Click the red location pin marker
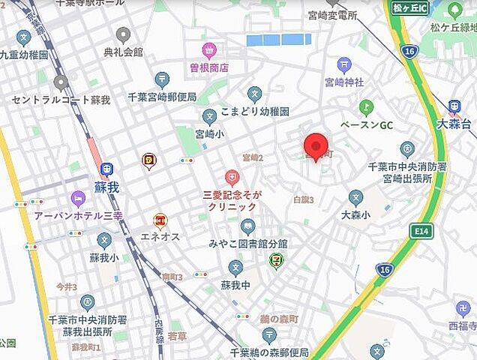316,146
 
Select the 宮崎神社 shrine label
344,81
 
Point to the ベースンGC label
366,124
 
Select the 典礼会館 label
123,52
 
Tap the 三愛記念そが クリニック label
232,199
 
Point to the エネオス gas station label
159,236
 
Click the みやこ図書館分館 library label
248,244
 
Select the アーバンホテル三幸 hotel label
78,214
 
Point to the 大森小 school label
356,214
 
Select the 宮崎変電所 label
338,14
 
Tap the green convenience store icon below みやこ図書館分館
277,260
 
